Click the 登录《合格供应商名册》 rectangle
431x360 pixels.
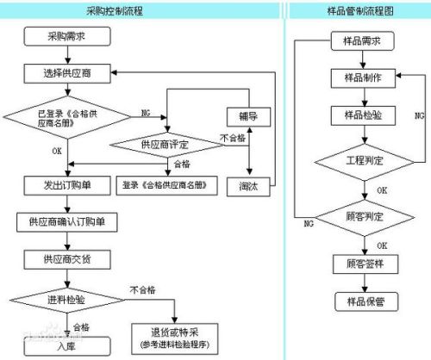point(165,184)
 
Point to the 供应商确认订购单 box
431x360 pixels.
point(66,221)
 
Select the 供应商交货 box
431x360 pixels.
point(66,258)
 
